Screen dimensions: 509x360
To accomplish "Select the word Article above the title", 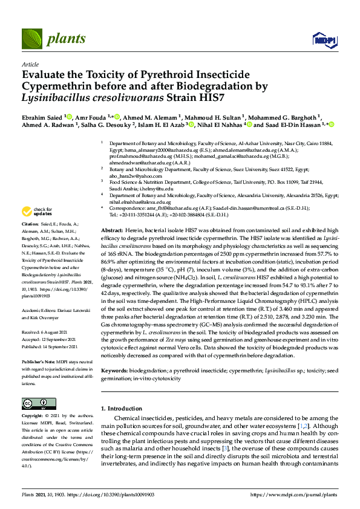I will point(30,64).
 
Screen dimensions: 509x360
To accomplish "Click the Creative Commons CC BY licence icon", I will point(34,403).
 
